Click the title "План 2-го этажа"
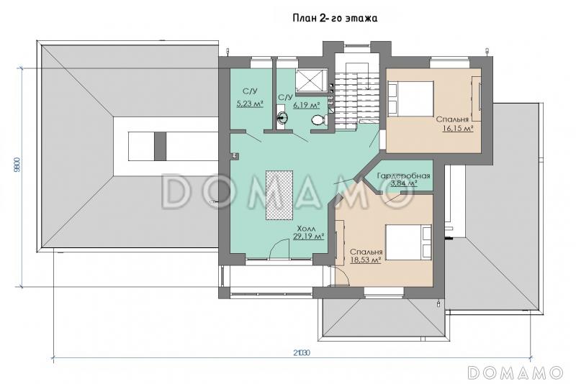335,19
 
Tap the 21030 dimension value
302,353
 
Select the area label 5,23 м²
250,104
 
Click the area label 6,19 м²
306,105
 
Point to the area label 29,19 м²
308,236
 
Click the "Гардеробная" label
403,175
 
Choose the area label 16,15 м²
457,129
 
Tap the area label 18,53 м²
365,260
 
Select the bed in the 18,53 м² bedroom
408,242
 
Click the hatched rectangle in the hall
279,195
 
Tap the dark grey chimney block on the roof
160,146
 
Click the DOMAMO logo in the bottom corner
515,372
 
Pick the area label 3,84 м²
403,183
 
